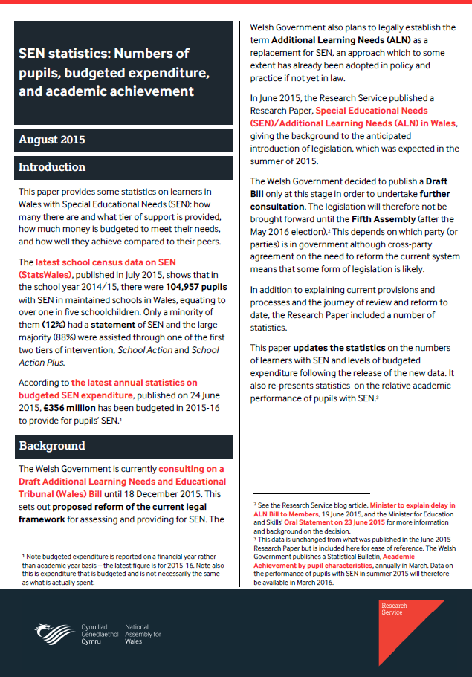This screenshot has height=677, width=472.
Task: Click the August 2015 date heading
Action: [x=51, y=140]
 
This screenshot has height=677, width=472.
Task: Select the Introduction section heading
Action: [x=52, y=167]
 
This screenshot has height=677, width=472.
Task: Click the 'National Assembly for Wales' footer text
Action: [x=143, y=633]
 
